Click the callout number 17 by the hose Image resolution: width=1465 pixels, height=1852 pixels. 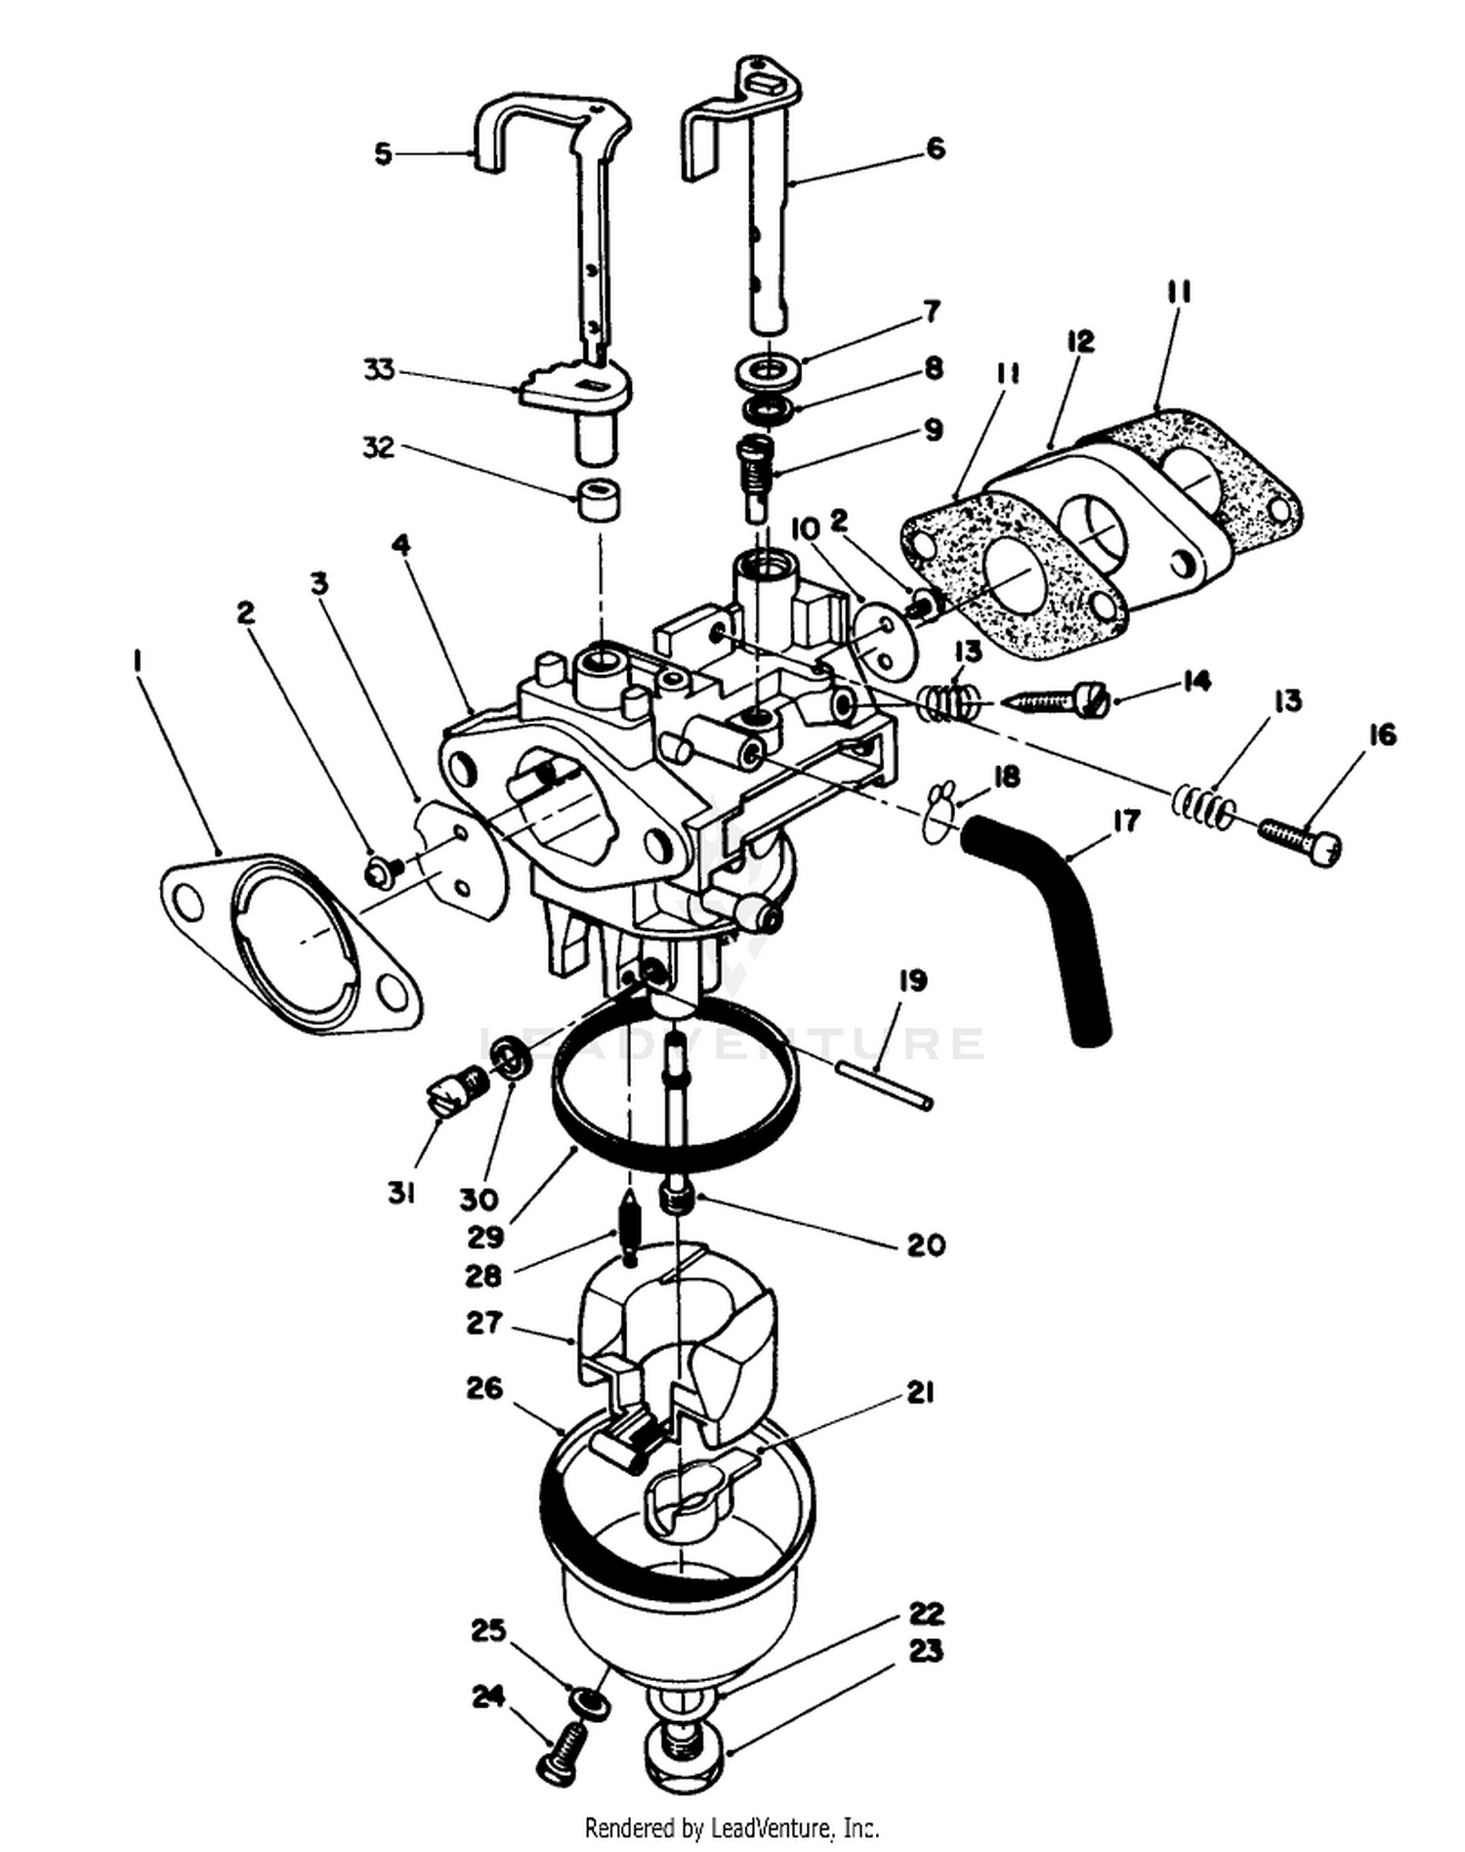(x=1126, y=820)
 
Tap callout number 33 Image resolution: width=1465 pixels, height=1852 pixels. (x=379, y=370)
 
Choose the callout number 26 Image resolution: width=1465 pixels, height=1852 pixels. (x=484, y=1388)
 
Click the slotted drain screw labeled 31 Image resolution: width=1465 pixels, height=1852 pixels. (x=453, y=1088)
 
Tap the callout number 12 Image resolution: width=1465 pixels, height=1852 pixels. (x=1080, y=342)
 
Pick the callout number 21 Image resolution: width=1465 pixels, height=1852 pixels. (x=920, y=1393)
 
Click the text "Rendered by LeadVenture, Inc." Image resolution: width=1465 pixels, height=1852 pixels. (x=732, y=1827)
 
